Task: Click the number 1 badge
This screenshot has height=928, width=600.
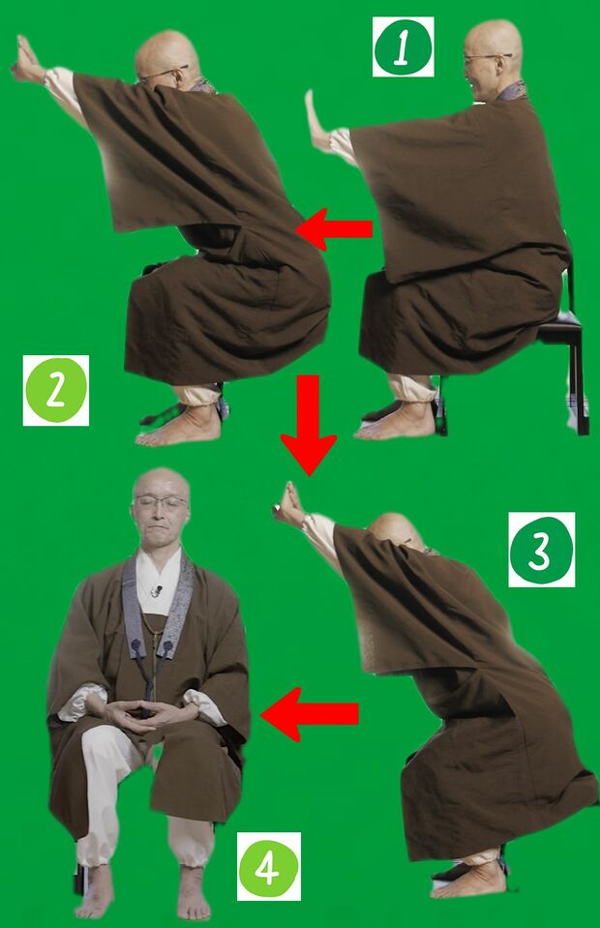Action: [403, 46]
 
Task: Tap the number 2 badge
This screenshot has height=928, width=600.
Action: [55, 390]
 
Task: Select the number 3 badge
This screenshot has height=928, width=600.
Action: [541, 550]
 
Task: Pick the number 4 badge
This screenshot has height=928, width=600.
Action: [269, 866]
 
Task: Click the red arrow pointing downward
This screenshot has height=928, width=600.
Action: [309, 425]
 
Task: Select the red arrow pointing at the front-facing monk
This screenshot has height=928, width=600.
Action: [309, 714]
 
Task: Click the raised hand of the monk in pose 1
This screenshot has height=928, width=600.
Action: [316, 120]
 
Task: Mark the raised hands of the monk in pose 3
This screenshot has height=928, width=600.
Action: [287, 505]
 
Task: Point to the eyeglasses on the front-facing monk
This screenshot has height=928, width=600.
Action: [160, 503]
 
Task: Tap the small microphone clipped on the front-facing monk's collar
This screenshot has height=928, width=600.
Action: [156, 590]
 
